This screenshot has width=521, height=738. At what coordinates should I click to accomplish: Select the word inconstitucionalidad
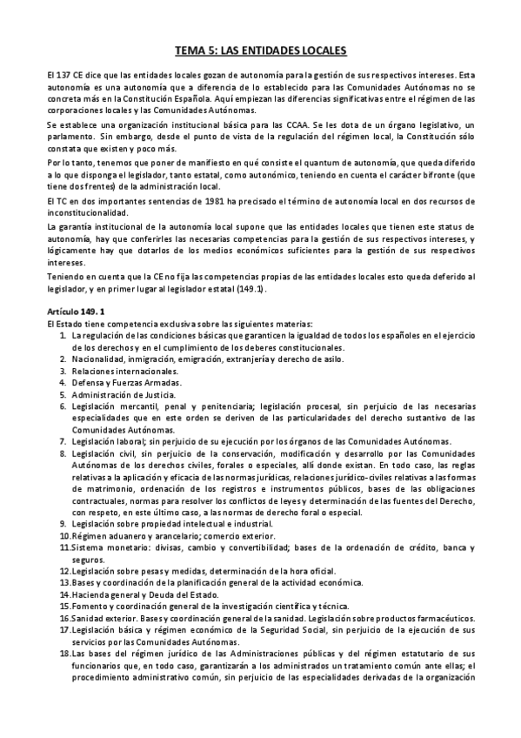point(90,212)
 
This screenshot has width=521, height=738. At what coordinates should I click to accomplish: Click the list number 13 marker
point(64,581)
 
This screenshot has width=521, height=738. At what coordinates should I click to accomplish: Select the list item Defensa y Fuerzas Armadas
point(115,382)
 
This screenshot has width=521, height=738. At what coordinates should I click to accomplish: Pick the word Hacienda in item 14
point(90,594)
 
